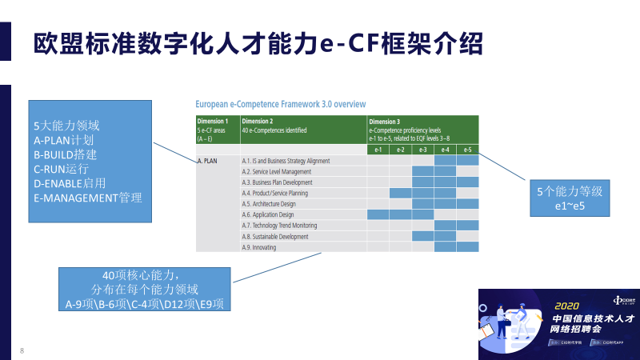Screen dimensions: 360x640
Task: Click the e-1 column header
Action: coord(378,150)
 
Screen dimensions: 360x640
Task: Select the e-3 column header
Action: coord(422,150)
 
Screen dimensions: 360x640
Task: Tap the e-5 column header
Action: coord(467,150)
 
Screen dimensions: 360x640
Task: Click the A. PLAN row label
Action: coord(207,161)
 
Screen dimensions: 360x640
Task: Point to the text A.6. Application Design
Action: coord(267,214)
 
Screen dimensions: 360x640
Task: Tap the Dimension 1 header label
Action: coord(212,121)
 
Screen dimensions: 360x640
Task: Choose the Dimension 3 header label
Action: coord(385,121)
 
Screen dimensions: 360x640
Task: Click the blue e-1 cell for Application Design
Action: coord(378,214)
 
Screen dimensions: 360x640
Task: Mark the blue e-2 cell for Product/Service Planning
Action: coord(400,193)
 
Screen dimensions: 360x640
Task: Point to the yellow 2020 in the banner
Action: coord(566,305)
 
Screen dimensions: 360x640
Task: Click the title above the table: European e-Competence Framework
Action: coord(281,104)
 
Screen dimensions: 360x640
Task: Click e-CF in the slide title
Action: coord(352,42)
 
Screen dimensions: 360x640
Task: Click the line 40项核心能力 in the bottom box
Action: coord(145,274)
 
